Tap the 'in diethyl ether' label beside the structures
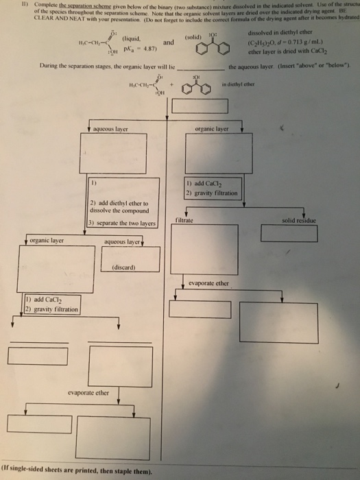point(257,84)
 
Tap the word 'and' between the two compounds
point(167,43)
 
